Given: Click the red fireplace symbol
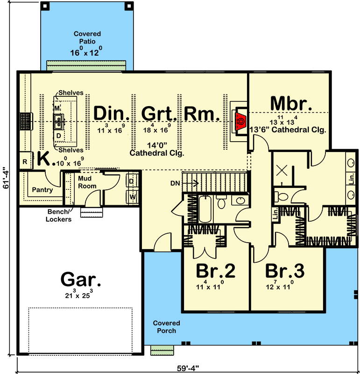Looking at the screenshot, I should tap(240, 120).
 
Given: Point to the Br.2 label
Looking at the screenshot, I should tap(215, 272).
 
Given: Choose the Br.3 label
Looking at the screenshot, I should tap(285, 272).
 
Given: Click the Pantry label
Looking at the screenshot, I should tap(42, 190).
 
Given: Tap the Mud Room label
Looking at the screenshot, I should tap(87, 182).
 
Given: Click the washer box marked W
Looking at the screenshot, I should tap(132, 197).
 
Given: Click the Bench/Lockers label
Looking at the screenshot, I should tap(59, 216).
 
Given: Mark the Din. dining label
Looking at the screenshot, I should tap(111, 114).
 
